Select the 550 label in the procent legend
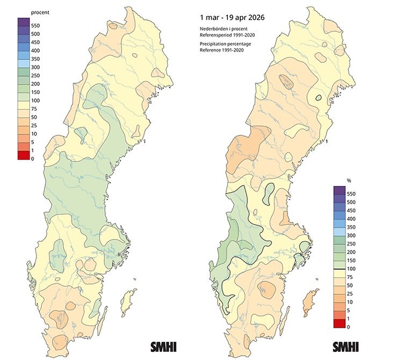tap(35, 25)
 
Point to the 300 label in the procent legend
tap(35, 67)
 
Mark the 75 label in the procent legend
tap(34, 109)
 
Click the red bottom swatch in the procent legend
tap(24, 155)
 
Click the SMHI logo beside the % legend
tap(347, 345)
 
